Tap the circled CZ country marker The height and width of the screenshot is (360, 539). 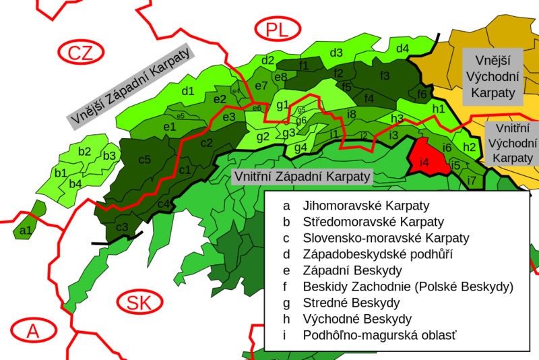pyautogui.click(x=80, y=52)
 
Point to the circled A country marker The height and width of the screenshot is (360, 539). pyautogui.click(x=32, y=332)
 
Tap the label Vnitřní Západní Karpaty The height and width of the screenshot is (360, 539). pyautogui.click(x=302, y=177)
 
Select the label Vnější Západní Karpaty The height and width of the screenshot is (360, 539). pyautogui.click(x=130, y=86)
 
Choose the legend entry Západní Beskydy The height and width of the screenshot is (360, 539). pyautogui.click(x=352, y=270)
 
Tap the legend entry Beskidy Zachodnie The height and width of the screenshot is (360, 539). pyautogui.click(x=408, y=287)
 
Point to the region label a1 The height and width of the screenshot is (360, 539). pyautogui.click(x=26, y=231)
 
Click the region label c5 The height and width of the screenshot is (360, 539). pyautogui.click(x=145, y=160)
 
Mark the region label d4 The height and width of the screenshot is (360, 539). pyautogui.click(x=402, y=49)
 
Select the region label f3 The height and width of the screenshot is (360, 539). pyautogui.click(x=385, y=75)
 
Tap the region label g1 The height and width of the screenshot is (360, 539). pyautogui.click(x=283, y=104)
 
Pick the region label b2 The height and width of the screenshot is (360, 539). pyautogui.click(x=84, y=151)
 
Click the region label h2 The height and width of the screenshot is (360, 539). pyautogui.click(x=470, y=147)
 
